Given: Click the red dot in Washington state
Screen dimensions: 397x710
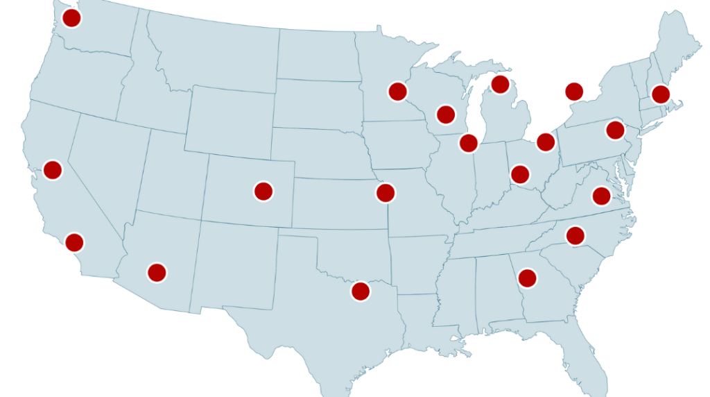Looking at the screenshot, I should click(x=71, y=18).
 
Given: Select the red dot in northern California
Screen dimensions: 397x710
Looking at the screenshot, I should click(x=52, y=169).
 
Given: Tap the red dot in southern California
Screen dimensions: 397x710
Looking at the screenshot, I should click(x=74, y=242).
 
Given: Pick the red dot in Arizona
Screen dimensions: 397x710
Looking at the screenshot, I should click(x=157, y=272).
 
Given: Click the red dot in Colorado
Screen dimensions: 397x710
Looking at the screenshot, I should click(x=263, y=191).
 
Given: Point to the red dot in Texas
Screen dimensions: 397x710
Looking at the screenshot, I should click(x=360, y=291).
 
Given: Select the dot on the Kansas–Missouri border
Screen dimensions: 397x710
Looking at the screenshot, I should click(x=386, y=192).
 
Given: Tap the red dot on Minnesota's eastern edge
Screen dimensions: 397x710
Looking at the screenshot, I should click(x=397, y=91).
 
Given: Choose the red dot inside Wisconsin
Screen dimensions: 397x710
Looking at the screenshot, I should click(x=446, y=114).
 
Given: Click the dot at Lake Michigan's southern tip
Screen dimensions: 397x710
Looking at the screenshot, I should click(x=469, y=143).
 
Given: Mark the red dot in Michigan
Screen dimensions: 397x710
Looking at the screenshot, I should click(x=500, y=85).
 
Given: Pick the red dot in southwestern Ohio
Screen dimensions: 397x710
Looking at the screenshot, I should click(x=519, y=174).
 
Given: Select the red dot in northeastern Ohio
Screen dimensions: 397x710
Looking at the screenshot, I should click(x=546, y=142).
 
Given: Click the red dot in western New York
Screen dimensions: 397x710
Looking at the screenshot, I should click(x=574, y=91).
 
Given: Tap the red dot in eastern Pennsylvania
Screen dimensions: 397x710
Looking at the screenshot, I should click(x=614, y=130).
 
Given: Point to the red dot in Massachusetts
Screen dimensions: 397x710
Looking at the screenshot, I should click(x=660, y=94).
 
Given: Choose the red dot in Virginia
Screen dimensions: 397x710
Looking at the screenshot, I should click(x=601, y=196).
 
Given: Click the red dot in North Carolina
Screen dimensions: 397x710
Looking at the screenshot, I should click(x=575, y=236).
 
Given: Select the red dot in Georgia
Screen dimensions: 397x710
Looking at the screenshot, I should click(x=527, y=278).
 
